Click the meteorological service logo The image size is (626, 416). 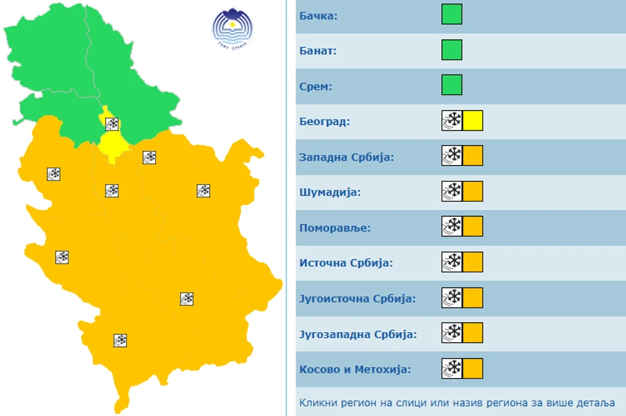pyautogui.click(x=232, y=28)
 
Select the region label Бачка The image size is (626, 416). pyautogui.click(x=318, y=15)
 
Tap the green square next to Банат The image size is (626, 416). pyautogui.click(x=452, y=50)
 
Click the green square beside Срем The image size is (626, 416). pyautogui.click(x=452, y=85)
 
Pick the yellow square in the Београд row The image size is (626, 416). pyautogui.click(x=472, y=120)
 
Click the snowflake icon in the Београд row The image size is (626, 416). pyautogui.click(x=452, y=120)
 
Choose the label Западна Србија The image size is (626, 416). pyautogui.click(x=346, y=157)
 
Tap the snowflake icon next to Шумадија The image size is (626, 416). pyautogui.click(x=452, y=191)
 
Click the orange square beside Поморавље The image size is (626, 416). pyautogui.click(x=472, y=226)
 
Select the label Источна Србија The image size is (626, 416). pyautogui.click(x=346, y=262)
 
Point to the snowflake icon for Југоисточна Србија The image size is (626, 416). pyautogui.click(x=452, y=298)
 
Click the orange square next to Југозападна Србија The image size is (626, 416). pyautogui.click(x=472, y=333)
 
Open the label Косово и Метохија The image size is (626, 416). pyautogui.click(x=355, y=369)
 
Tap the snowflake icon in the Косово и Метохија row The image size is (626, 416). pyautogui.click(x=452, y=368)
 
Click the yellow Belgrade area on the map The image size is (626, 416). pyautogui.click(x=114, y=144)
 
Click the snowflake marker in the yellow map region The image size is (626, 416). pyautogui.click(x=112, y=123)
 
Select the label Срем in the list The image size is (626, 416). pyautogui.click(x=316, y=86)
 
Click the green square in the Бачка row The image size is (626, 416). pyautogui.click(x=452, y=14)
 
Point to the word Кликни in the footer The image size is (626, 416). pyautogui.click(x=316, y=403)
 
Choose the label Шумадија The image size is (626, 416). pyautogui.click(x=330, y=192)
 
